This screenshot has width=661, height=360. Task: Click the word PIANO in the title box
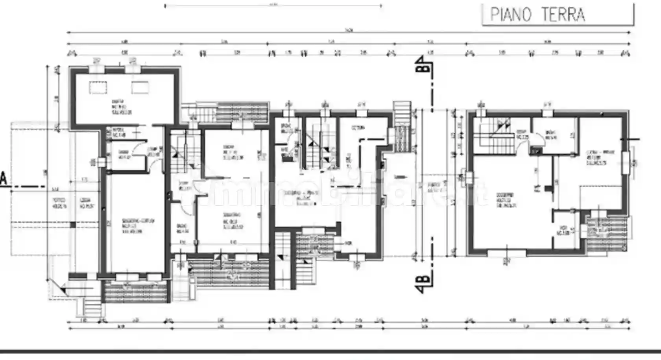511,15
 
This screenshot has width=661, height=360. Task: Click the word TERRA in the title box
563,15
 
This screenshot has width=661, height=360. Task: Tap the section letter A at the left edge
4,179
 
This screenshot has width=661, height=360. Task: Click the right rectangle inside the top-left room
140,87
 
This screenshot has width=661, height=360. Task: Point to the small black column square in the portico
72,225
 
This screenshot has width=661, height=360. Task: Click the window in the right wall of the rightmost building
626,161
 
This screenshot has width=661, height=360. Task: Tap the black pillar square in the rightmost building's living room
548,188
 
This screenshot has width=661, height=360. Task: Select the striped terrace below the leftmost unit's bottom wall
136,292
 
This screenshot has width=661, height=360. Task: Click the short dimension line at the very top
273,6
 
